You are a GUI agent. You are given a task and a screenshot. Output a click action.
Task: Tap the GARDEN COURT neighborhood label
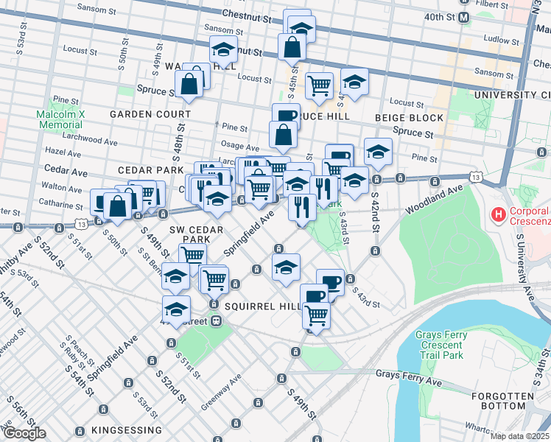click(150, 114)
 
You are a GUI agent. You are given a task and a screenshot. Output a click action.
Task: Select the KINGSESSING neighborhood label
click(127, 430)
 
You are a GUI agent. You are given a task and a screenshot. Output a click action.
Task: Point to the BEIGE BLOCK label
click(410, 118)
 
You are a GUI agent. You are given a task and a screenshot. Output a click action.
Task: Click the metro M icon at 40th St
click(464, 17)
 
